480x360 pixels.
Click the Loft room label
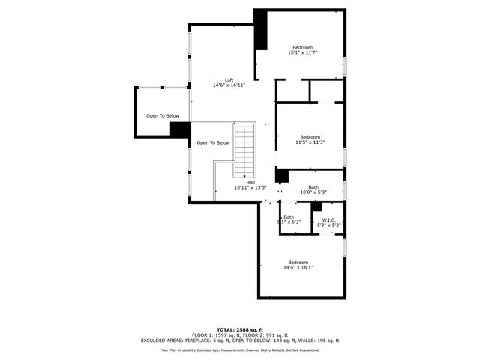229,83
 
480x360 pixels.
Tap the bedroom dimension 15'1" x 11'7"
302,53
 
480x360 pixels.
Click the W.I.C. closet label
329,223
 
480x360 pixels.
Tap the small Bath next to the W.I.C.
289,220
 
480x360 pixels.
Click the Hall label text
250,185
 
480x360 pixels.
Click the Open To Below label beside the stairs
213,143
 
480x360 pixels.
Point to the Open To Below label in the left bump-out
163,116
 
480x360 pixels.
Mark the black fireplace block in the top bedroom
261,30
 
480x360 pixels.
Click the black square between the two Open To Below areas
179,130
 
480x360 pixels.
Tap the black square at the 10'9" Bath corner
282,176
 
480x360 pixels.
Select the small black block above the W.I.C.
317,207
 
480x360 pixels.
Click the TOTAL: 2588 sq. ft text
240,329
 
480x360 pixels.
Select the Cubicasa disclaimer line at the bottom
240,350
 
